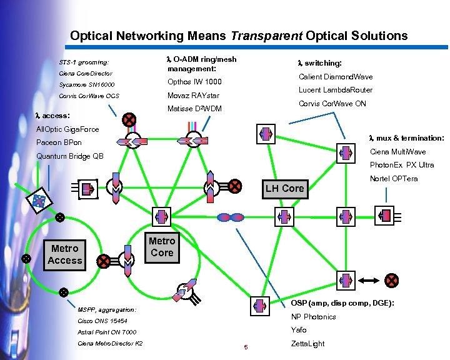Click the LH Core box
pos(284,188)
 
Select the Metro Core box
pos(162,247)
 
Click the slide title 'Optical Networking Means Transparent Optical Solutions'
pos(239,36)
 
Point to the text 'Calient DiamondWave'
pos(336,77)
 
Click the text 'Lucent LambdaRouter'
pos(336,90)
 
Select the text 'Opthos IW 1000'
pos(194,82)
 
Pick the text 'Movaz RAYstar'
pos(193,96)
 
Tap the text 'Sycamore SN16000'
pos(87,84)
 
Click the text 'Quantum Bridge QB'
pos(70,156)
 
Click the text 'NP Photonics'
pos(313,317)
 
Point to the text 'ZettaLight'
pos(308,344)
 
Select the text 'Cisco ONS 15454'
pos(102,321)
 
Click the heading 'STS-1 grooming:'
pos(84,62)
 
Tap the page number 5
pos(246,347)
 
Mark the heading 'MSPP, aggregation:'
pos(107,309)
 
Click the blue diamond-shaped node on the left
pos(39,199)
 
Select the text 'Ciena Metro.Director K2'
pos(110,344)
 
